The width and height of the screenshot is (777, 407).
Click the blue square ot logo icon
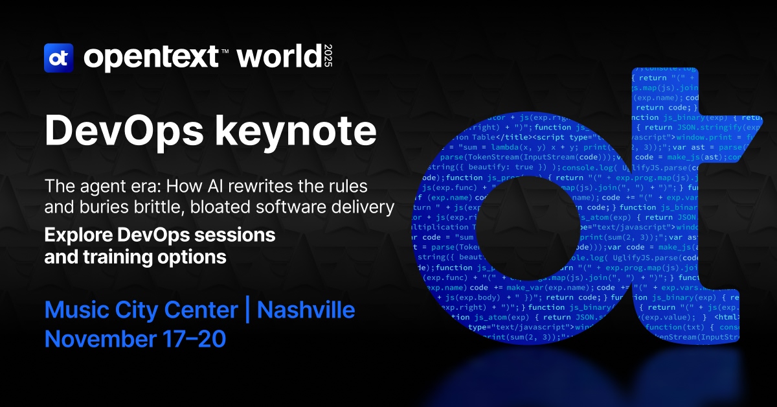[58, 58]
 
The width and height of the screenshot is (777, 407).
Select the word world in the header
[278, 58]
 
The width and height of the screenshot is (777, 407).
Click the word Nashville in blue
[306, 310]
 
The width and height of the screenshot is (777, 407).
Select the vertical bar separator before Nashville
[247, 310]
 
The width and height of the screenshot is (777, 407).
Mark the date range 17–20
[197, 338]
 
